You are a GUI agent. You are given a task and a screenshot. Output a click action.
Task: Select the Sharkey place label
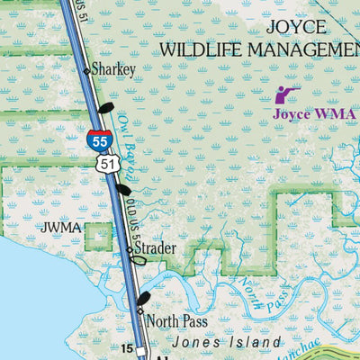[113, 68]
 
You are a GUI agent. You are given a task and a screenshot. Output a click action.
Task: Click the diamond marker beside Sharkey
[87, 69]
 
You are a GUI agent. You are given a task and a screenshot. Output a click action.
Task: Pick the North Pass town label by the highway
[177, 320]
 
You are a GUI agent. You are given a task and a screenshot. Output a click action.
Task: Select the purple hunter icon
[284, 94]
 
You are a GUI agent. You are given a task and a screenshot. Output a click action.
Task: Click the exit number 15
[127, 347]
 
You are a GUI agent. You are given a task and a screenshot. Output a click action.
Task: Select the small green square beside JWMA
[99, 236]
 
